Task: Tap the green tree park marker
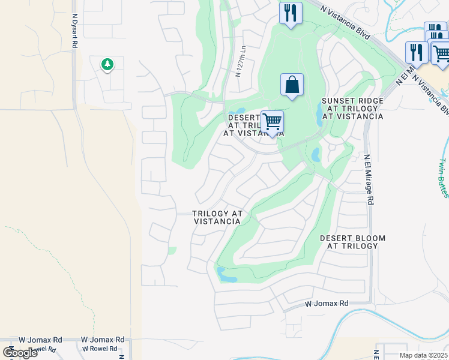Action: (107, 64)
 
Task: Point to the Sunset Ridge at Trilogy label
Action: (352, 109)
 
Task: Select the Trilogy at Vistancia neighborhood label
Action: (217, 217)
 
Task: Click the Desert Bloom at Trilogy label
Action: (352, 242)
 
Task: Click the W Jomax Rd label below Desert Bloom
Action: (327, 304)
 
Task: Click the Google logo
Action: (20, 353)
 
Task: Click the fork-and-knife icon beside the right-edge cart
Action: (416, 52)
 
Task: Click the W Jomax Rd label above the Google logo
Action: (40, 340)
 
